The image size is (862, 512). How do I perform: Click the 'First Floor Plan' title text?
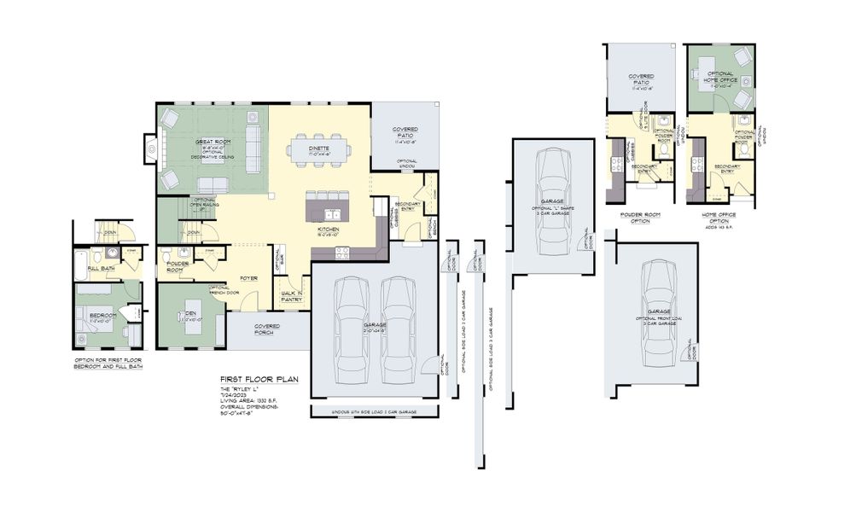click(259, 378)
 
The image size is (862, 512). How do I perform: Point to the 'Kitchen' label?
click(329, 230)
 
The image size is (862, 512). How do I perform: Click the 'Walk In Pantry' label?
click(292, 296)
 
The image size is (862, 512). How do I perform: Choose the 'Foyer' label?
click(248, 277)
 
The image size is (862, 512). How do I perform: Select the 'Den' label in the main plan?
click(191, 314)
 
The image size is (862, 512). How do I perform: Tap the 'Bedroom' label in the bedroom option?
click(102, 316)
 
